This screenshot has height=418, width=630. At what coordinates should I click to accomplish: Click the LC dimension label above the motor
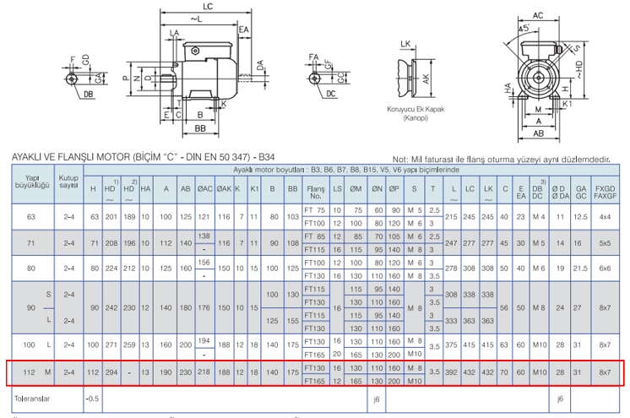207,7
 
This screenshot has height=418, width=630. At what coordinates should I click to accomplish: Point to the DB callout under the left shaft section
89,95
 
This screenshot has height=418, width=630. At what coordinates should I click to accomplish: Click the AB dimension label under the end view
537,133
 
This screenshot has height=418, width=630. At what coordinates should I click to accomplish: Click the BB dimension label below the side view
201,128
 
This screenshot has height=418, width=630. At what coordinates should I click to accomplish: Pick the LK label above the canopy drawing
406,43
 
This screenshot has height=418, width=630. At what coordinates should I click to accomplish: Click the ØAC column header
204,189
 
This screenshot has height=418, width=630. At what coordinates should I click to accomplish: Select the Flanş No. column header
316,189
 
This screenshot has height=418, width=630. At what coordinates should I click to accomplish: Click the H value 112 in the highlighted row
94,372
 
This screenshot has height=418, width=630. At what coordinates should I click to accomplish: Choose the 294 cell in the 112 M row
111,372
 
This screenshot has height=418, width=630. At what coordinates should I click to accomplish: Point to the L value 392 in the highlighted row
453,372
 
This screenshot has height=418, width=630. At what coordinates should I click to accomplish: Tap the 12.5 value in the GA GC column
580,216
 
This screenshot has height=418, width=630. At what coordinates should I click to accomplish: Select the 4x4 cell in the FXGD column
606,216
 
